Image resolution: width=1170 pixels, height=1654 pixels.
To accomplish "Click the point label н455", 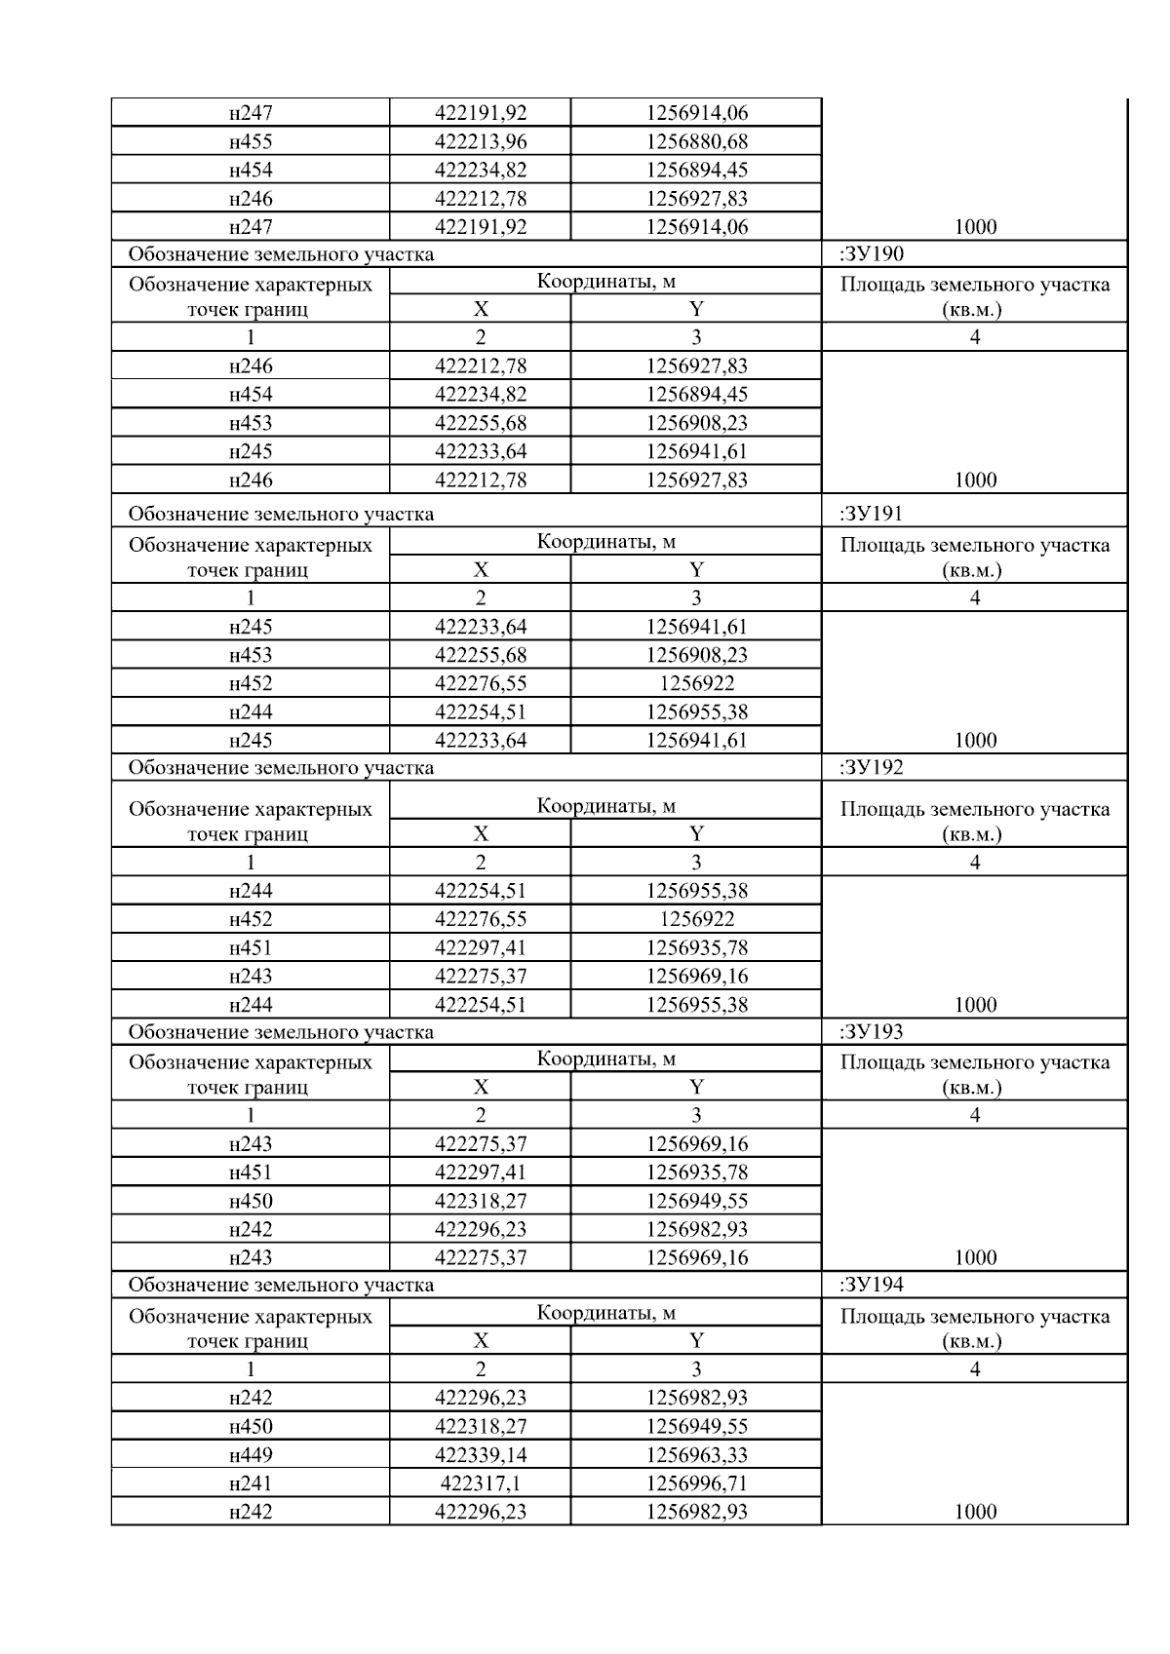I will [251, 141].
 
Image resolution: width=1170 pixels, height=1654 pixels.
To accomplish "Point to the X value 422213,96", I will [481, 141].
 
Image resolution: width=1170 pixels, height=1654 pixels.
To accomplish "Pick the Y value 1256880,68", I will [696, 141].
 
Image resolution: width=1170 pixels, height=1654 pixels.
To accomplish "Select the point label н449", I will [251, 1455].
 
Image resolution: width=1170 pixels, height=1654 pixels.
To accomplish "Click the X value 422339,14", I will [481, 1455].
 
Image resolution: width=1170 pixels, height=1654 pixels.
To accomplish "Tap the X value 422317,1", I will [481, 1483].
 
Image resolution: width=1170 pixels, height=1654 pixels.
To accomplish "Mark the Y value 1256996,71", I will [696, 1483].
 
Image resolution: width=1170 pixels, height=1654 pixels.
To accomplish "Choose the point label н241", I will [251, 1483].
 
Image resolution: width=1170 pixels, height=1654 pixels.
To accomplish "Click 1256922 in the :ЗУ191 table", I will [696, 683].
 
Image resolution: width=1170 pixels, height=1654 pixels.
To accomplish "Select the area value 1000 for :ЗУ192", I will [975, 1005].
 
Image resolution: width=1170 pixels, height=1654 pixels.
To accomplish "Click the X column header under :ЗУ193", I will [481, 1087].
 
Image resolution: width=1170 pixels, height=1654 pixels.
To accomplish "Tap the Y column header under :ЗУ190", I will [696, 309].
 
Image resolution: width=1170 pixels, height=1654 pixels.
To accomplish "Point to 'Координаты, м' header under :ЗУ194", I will [605, 1313].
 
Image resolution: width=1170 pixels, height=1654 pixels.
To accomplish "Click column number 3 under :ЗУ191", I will [696, 597].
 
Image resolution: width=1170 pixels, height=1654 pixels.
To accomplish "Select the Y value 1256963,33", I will [696, 1455].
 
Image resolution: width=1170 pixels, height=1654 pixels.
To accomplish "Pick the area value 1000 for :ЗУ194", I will [975, 1512].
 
